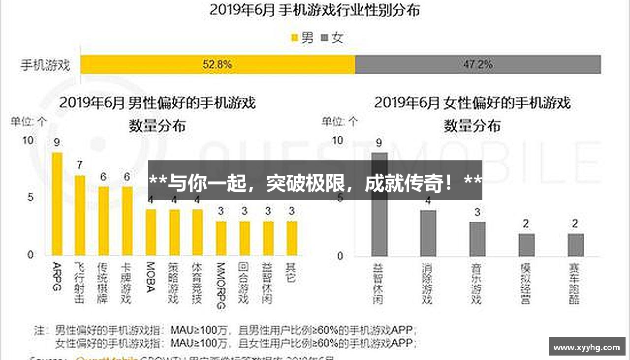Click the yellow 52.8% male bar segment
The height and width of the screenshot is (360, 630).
[x=218, y=64]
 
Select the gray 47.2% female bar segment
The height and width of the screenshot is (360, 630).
[x=477, y=64]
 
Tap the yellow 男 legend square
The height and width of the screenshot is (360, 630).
[x=295, y=38]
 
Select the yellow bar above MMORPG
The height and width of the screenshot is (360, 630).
[x=221, y=239]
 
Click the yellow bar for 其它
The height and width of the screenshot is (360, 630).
[x=292, y=239]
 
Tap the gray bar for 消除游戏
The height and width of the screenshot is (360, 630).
[x=428, y=233]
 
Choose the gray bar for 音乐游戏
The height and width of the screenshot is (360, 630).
[x=477, y=239]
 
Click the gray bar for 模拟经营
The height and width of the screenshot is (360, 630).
[x=526, y=245]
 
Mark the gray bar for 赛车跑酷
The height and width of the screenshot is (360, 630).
[x=575, y=245]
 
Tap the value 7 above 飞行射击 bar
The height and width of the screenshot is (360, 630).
[x=79, y=165]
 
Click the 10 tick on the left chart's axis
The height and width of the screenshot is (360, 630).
[x=28, y=141]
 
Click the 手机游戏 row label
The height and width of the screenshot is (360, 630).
[x=45, y=65]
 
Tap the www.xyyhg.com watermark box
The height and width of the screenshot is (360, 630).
[x=587, y=347]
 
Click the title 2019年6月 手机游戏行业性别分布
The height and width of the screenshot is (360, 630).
[x=315, y=10]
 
